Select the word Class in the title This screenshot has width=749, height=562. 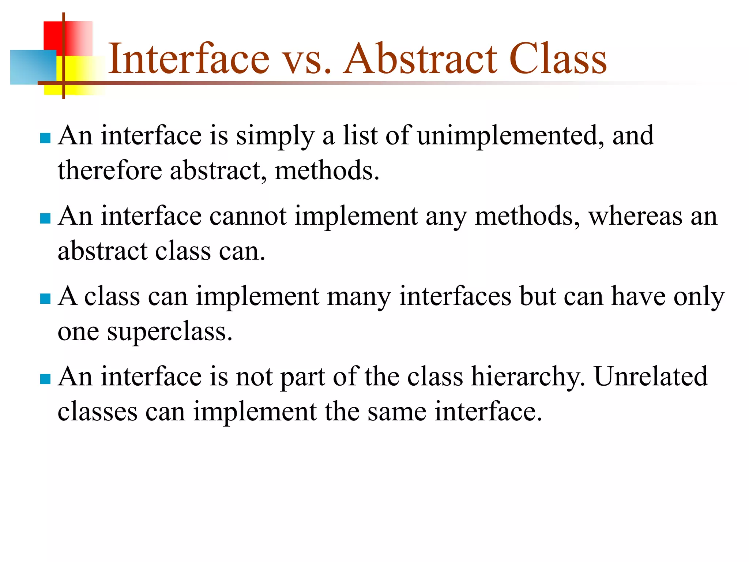pos(557,59)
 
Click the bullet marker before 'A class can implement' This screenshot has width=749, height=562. pos(45,299)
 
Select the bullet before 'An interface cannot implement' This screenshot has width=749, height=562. pos(45,218)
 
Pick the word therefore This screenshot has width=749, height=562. pos(110,171)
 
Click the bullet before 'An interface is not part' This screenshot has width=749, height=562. pos(45,379)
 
